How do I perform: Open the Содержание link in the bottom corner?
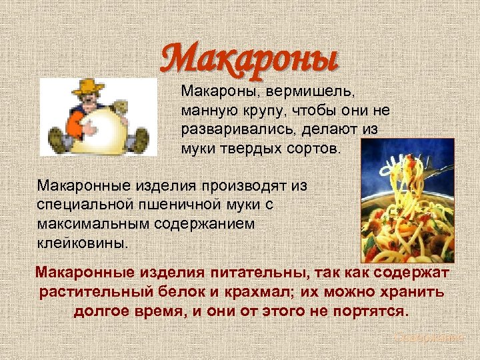click(x=427, y=338)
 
